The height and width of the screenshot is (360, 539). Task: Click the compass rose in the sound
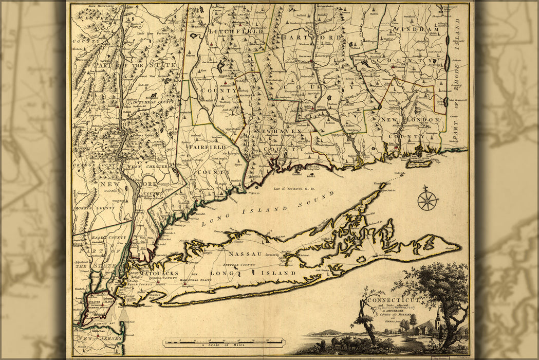(427, 200)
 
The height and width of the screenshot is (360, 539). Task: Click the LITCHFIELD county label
(236, 31)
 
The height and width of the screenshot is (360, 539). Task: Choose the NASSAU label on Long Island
(245, 254)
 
